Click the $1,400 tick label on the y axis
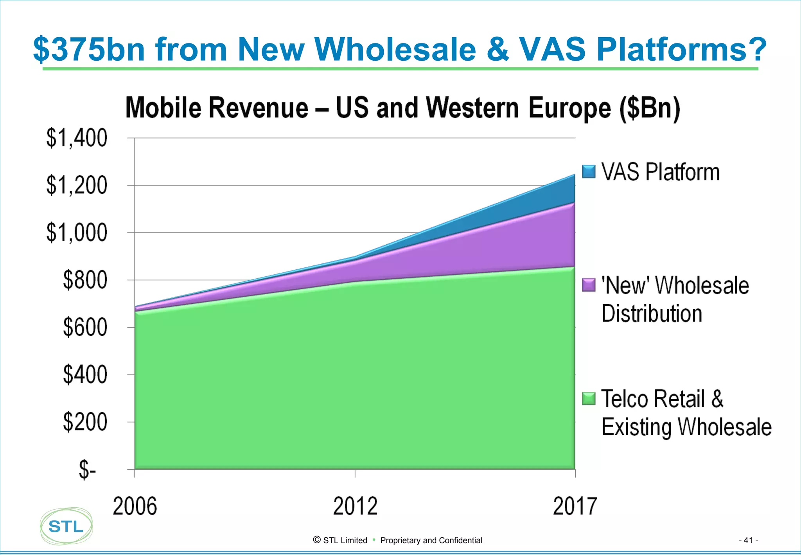(x=77, y=138)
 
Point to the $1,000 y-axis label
(x=77, y=233)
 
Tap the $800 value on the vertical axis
(x=85, y=280)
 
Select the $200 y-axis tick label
(x=85, y=422)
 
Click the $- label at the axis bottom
(x=87, y=470)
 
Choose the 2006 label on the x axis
(x=135, y=506)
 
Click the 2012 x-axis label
(x=355, y=506)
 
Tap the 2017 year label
(x=575, y=506)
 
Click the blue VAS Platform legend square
(x=589, y=172)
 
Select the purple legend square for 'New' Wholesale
(x=589, y=285)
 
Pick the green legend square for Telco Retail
(x=589, y=398)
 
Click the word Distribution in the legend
(x=652, y=314)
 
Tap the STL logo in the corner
(x=66, y=526)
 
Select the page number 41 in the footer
(x=748, y=541)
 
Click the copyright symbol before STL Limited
(x=317, y=540)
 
